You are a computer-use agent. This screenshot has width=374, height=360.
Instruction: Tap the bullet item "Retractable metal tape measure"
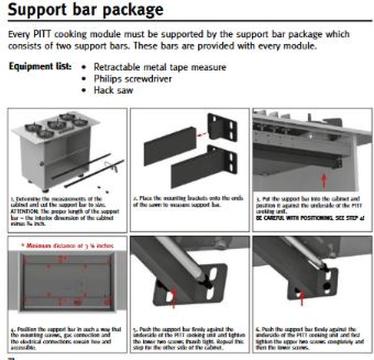pos(160,67)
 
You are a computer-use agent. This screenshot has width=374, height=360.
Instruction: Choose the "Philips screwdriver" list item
pos(133,79)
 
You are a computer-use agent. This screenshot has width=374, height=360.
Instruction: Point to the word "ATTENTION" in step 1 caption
pos(25,209)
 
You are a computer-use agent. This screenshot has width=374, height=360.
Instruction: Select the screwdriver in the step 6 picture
pos(302,251)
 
